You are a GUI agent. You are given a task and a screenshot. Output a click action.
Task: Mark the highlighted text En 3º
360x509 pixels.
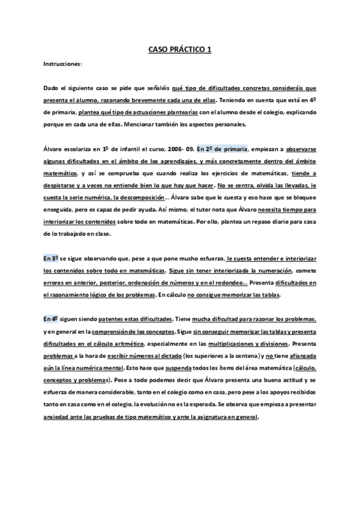[52, 258]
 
